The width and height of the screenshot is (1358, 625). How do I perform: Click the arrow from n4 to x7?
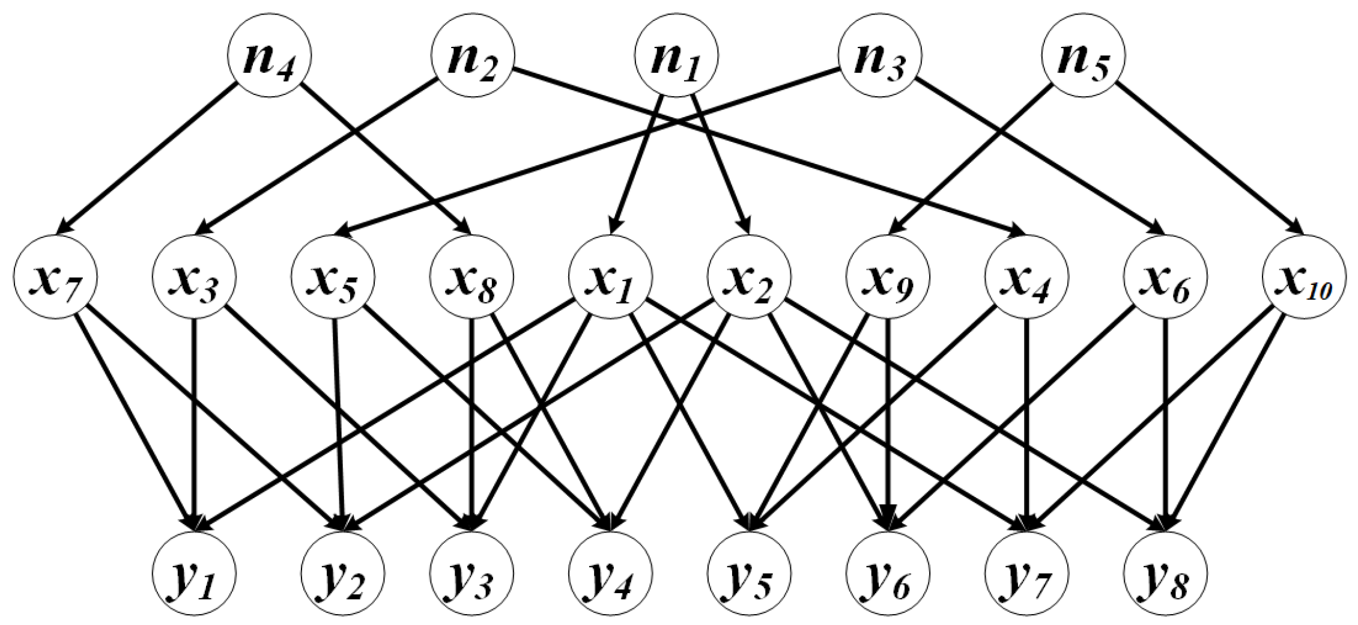147,160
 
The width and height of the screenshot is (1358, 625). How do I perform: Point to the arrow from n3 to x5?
589,153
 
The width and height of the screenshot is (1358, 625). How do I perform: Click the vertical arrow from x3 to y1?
194,421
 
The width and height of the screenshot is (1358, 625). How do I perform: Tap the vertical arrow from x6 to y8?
1166,421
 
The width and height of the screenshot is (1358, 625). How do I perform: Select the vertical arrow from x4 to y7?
1027,421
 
